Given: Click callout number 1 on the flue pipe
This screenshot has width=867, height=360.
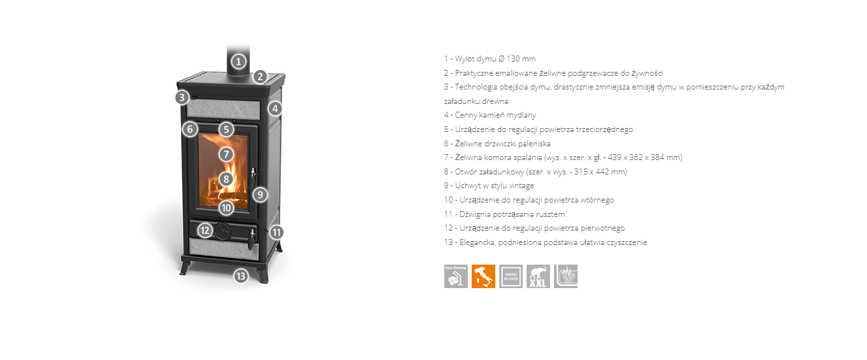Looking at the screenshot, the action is click(238, 61).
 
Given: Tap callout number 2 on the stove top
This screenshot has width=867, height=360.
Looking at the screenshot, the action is click(260, 76).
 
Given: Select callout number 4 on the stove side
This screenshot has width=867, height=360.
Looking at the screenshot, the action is click(275, 108).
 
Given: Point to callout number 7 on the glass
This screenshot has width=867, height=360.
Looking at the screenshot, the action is click(226, 154).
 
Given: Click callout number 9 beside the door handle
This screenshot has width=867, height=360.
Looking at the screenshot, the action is click(260, 194).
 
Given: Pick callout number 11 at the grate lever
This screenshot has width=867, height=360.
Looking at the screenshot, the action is click(276, 232).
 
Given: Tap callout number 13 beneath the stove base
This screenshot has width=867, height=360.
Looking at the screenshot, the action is click(240, 276).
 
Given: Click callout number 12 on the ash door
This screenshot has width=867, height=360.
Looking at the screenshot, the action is click(204, 231).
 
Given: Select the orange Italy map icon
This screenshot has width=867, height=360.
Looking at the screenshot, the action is click(483, 276).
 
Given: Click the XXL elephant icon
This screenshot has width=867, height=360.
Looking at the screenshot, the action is click(538, 276).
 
